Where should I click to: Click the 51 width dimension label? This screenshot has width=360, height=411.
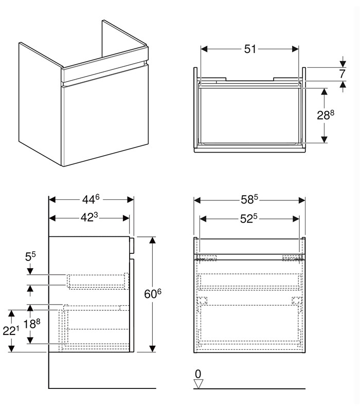[x=250, y=49]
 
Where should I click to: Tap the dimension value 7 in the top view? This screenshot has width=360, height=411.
[x=342, y=74]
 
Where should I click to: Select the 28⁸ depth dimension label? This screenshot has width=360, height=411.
[x=326, y=115]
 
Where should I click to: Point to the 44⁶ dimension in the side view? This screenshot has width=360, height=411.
[x=91, y=199]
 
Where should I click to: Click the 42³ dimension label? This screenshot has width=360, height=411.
[x=89, y=217]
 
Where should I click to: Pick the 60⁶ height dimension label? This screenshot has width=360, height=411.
[x=153, y=294]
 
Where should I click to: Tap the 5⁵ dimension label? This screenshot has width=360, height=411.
[x=30, y=256]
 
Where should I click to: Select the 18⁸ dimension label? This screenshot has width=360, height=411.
[x=32, y=324]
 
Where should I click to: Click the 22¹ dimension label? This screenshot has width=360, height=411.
[x=11, y=331]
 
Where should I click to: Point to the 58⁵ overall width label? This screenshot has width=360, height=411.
[x=249, y=200]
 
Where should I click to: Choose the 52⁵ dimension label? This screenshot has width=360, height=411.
[x=249, y=219]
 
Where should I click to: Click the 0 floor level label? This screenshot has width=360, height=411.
[x=198, y=374]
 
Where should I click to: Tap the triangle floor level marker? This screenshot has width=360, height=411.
[x=198, y=384]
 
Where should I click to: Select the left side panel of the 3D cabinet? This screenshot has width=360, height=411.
[x=41, y=104]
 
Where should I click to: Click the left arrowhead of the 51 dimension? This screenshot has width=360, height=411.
[x=204, y=49]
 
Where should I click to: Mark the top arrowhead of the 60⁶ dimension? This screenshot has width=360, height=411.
[x=152, y=240]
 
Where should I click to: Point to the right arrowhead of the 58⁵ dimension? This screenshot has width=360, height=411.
[x=302, y=200]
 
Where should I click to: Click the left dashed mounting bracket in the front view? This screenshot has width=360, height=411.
[x=207, y=258]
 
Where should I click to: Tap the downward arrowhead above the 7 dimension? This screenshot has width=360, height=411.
[x=343, y=64]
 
